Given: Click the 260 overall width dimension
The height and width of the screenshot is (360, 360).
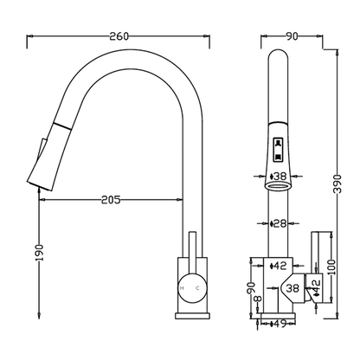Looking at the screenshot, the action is (x=119, y=36).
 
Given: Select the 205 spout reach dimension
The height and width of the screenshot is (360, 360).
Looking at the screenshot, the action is (x=111, y=199).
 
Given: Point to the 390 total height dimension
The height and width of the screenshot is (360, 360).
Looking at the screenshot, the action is (x=337, y=183).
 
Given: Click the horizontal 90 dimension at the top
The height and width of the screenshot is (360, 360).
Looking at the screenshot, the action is (x=292, y=36).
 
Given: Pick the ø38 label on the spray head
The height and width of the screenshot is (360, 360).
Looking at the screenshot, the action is (x=279, y=176).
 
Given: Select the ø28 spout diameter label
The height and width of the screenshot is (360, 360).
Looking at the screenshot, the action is (x=279, y=223).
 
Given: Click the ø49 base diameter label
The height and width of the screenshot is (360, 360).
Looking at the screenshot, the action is (x=279, y=324).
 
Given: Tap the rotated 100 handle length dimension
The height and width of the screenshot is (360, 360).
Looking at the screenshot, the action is (x=331, y=267).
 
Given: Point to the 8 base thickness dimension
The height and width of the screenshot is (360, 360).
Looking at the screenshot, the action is (x=258, y=299).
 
